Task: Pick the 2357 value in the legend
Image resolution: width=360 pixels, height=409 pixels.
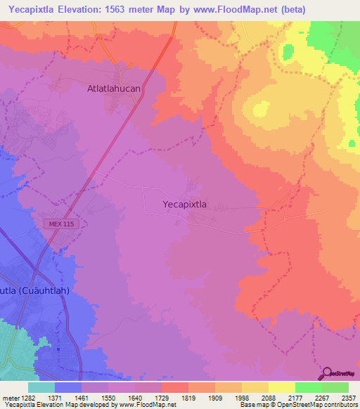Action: point(349,398)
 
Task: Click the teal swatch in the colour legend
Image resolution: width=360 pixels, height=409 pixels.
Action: point(41,387)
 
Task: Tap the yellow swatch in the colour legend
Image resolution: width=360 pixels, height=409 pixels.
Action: point(281,387)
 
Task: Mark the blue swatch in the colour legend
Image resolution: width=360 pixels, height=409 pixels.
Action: point(68,387)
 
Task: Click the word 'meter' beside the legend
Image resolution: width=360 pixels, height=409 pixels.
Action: point(9,398)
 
